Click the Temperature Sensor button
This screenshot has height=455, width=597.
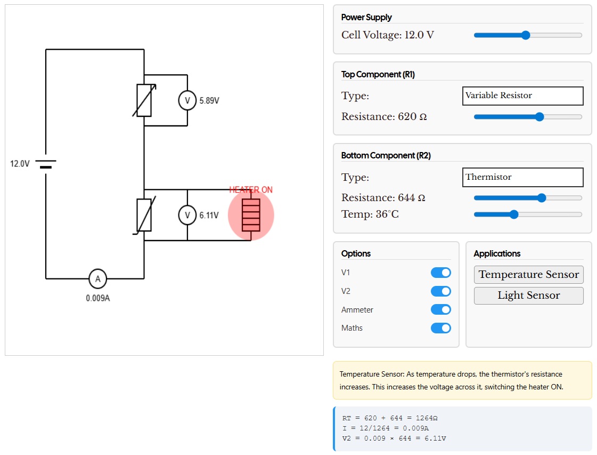[528, 275]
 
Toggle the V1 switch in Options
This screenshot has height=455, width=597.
[441, 273]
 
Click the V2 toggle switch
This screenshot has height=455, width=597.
[441, 291]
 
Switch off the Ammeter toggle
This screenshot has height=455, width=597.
[441, 309]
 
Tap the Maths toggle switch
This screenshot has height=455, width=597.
[441, 328]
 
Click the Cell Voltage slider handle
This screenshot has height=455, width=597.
[526, 35]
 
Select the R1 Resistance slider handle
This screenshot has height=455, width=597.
[539, 117]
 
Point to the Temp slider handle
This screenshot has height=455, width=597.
[514, 214]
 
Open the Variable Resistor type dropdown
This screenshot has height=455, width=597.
[523, 95]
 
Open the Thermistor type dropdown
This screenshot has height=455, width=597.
[523, 177]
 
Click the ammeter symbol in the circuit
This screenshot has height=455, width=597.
[98, 279]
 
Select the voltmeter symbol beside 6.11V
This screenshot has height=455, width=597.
[187, 215]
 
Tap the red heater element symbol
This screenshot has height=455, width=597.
[251, 215]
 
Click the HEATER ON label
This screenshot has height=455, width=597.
[251, 190]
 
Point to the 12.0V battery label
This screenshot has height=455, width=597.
[20, 164]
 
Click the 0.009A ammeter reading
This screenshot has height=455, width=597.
[98, 298]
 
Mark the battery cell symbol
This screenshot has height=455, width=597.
[46, 164]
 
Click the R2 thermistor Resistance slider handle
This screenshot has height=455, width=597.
[542, 198]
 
